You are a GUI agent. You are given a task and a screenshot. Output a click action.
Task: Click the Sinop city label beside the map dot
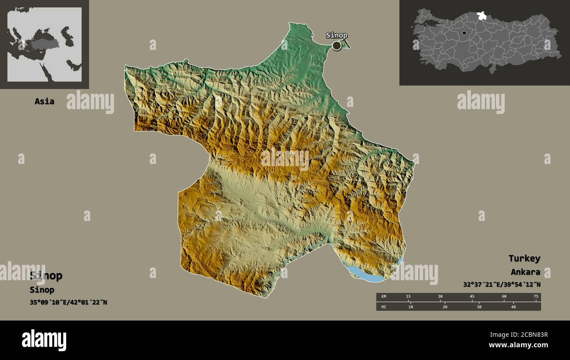[x=336, y=36]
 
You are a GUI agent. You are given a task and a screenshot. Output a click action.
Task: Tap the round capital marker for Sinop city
[x=336, y=45]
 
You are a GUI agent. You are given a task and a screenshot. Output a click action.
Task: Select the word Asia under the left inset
[x=44, y=101]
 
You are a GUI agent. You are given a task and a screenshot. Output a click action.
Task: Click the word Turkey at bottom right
[x=524, y=258]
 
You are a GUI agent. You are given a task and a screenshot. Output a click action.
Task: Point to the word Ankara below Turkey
[x=525, y=272]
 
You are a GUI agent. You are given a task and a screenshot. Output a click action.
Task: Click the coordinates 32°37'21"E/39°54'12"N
[x=502, y=284]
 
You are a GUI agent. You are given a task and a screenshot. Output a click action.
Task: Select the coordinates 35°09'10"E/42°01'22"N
[x=68, y=302]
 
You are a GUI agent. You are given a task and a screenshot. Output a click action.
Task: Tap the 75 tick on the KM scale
[x=535, y=297]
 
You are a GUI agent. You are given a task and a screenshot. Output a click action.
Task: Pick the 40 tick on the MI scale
[x=513, y=307]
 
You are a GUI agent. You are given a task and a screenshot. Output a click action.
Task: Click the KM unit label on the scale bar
[x=384, y=297]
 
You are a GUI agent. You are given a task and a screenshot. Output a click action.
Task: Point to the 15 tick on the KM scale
[x=408, y=297]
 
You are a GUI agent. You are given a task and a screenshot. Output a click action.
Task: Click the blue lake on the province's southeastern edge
[x=366, y=274]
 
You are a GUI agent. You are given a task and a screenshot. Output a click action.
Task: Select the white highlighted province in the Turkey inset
[x=481, y=16]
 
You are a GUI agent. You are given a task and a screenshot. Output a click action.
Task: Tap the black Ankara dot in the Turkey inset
[x=464, y=32]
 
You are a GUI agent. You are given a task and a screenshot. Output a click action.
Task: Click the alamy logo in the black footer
[x=44, y=340]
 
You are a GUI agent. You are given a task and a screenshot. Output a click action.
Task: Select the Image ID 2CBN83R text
[x=518, y=335]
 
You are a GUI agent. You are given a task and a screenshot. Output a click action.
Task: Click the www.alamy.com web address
[x=518, y=346]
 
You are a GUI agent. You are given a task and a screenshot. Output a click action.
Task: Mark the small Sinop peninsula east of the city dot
[x=346, y=44]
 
